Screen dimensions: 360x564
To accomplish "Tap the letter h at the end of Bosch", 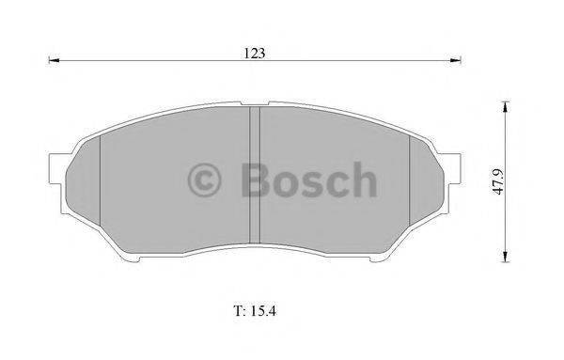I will tap(364, 180).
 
